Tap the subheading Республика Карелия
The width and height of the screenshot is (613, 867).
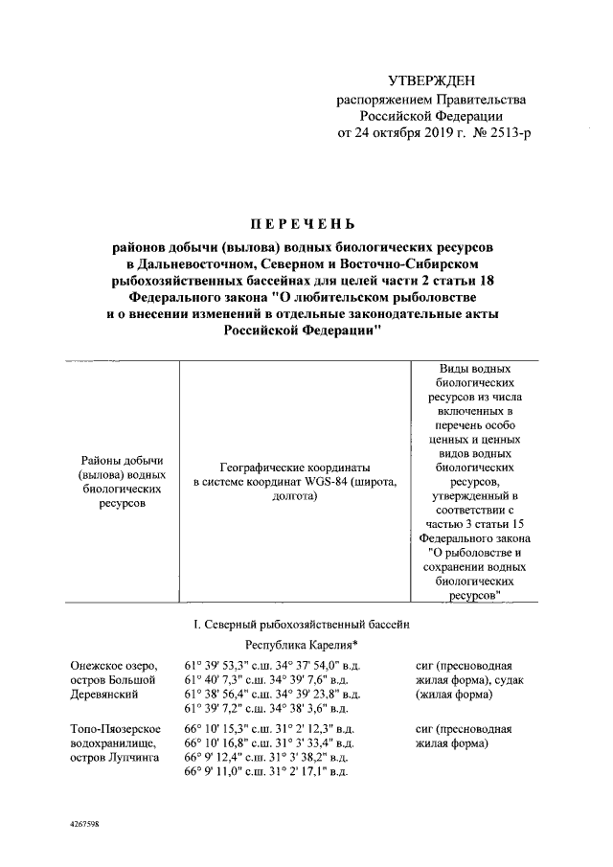tap(299, 647)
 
